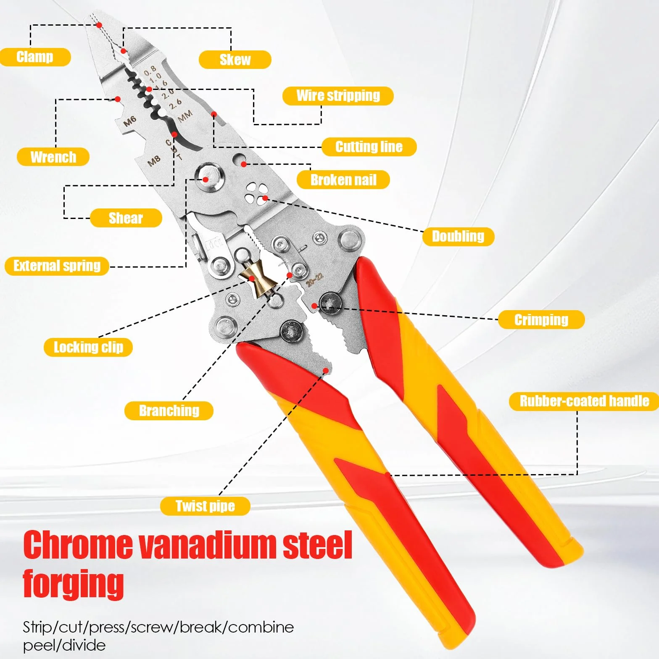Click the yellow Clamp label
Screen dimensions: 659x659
tap(35, 57)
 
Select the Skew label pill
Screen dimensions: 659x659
tap(235, 60)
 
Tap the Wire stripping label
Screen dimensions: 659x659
tap(338, 96)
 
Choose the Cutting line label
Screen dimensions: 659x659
tap(369, 147)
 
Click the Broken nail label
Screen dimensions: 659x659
tap(343, 180)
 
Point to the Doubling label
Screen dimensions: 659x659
tap(458, 237)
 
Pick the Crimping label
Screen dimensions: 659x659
tap(541, 320)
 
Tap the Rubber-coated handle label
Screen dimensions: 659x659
tap(584, 401)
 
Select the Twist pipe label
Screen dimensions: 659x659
tap(205, 506)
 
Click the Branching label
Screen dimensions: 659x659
tap(169, 411)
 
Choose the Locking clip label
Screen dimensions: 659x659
tap(88, 348)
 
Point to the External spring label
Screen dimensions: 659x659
tap(57, 266)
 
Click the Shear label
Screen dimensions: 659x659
tap(126, 218)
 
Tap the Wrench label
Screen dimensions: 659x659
tap(53, 157)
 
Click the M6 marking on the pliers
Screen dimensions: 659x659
tap(130, 121)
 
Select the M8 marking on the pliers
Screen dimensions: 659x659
tap(154, 161)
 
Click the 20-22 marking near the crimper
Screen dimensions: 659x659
tap(314, 279)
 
